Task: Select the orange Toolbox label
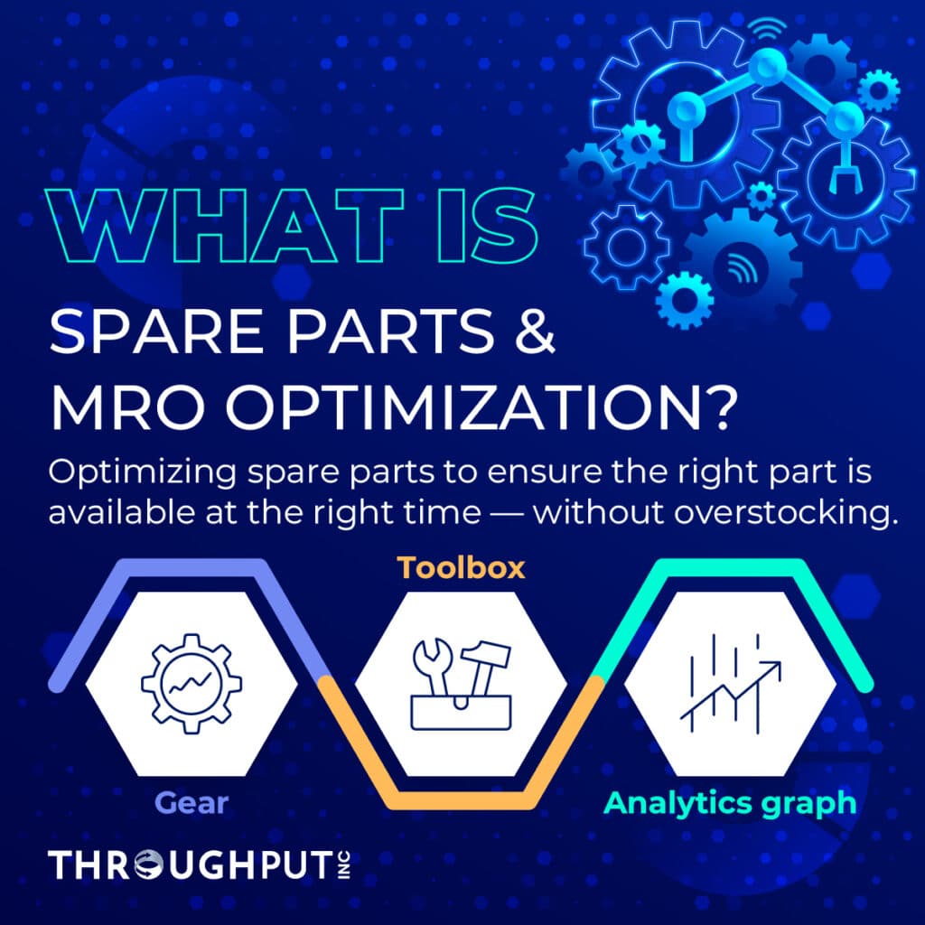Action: (462, 568)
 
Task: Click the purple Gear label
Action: (190, 801)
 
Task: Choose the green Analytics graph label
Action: (730, 802)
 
